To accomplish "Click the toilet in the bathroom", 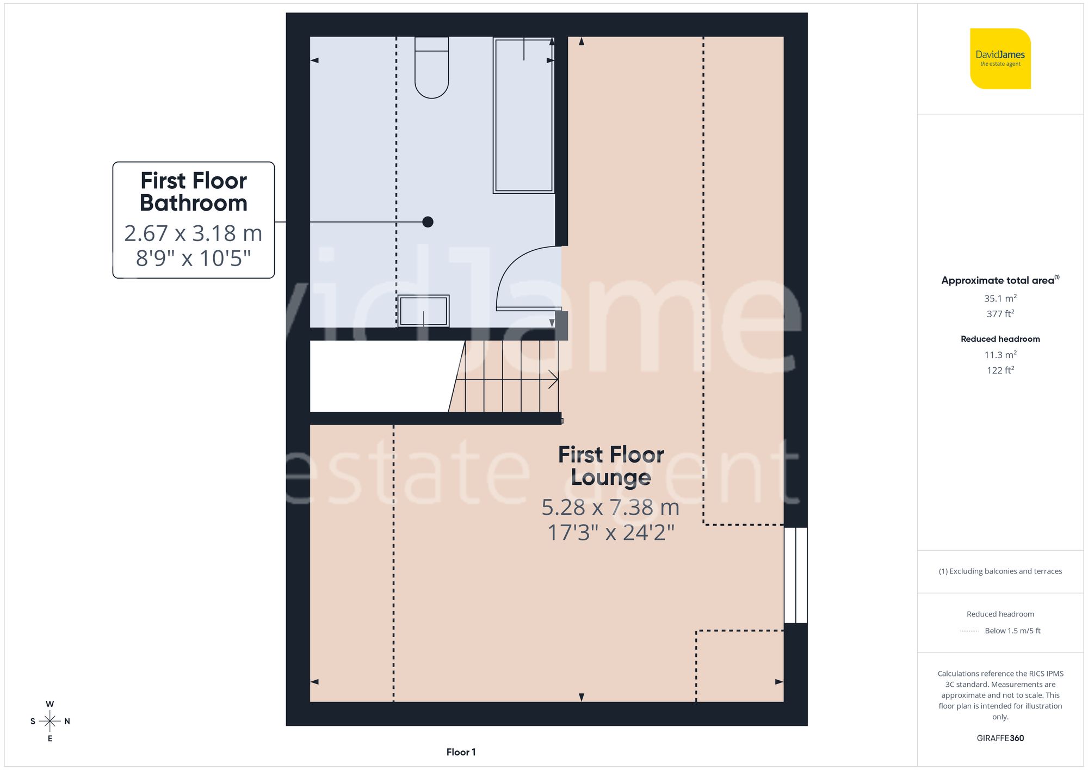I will coord(431,67).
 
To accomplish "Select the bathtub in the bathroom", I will coord(523,115).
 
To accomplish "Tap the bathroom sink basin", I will coord(423,311).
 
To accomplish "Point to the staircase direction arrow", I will coord(553,379).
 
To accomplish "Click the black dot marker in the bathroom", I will coord(428,221).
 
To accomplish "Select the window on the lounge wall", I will coord(795,575).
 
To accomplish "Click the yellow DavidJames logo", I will coord(1000,59).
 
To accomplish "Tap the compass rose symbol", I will coord(50,721).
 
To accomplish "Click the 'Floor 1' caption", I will coord(461,752).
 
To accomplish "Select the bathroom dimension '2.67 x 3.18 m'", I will coord(193,233).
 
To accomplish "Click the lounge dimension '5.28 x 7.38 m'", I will coord(610,507).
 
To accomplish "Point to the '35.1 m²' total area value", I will coord(1000,298).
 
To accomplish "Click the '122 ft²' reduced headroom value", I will coord(1000,370).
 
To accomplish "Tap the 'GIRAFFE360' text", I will coord(1000,738).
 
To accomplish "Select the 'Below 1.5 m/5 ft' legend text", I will coord(1012,631).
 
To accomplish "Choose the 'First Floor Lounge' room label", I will coord(611,466).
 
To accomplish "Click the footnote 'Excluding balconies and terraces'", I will coord(1000,571).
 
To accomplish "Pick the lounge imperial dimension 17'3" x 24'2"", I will coord(610,533).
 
